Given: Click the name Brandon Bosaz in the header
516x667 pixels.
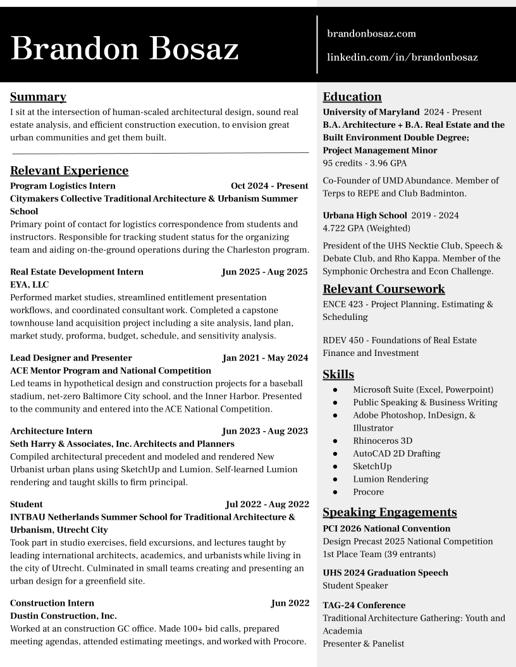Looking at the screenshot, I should (x=125, y=49).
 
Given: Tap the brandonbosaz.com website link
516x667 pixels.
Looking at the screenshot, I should (x=371, y=34).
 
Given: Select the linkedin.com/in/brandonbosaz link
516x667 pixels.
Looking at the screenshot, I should (x=402, y=58).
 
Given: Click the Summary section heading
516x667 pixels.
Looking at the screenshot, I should (x=38, y=97).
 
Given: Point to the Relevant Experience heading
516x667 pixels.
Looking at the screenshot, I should (x=69, y=171).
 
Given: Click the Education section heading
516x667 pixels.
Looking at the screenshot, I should (x=352, y=97).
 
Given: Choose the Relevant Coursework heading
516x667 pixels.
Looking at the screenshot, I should (x=384, y=289).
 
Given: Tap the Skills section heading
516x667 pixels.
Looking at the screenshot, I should (x=338, y=374).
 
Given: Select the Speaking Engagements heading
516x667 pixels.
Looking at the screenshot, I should (x=390, y=512).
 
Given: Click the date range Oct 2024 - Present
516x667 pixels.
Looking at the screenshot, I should (x=269, y=186).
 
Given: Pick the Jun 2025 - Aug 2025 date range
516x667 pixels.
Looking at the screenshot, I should (x=264, y=272).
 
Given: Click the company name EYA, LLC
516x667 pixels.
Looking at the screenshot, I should (x=30, y=285).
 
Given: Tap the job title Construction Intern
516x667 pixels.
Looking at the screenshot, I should (x=52, y=603).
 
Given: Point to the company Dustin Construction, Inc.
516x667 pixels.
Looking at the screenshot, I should (x=63, y=616).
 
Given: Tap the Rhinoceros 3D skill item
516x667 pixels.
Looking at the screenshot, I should (x=383, y=441).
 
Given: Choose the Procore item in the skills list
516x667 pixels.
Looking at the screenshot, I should (x=368, y=492).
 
